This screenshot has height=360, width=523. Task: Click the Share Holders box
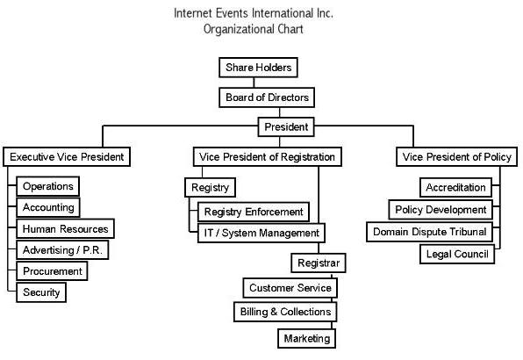258,68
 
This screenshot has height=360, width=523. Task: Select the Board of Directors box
267,97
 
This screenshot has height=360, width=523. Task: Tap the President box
286,126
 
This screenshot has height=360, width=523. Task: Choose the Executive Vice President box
67,157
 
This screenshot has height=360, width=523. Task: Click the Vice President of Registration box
267,157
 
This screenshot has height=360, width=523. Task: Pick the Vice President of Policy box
456,157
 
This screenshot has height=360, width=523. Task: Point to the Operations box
48,186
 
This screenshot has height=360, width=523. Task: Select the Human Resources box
65,229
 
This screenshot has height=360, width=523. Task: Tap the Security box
41,292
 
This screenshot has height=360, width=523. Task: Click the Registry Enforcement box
254,212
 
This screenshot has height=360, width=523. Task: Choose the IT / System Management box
261,233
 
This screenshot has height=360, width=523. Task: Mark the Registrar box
319,263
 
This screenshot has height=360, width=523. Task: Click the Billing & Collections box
285,312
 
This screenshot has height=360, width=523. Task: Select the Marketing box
307,339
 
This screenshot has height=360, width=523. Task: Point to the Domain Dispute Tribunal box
430,232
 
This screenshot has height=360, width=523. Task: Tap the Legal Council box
457,255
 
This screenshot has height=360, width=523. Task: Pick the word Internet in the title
193,13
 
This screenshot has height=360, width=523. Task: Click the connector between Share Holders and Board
254,83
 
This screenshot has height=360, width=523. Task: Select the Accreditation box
455,188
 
